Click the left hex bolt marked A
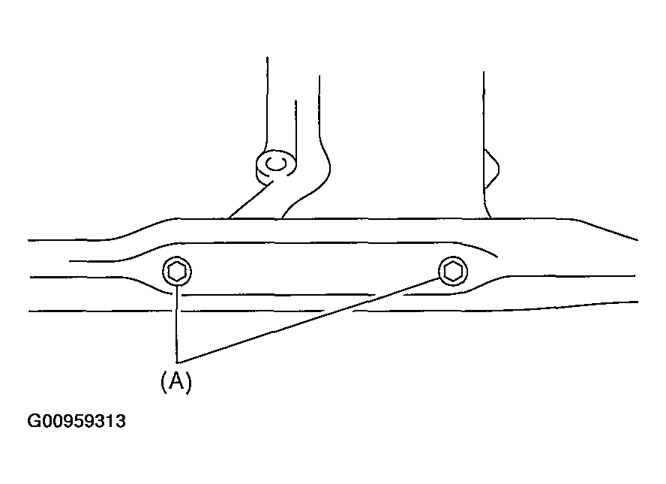(x=177, y=272)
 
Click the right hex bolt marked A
(x=453, y=271)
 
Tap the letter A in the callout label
(x=176, y=381)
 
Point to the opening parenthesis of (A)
(x=163, y=382)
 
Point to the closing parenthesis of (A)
(x=189, y=382)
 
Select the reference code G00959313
(x=76, y=421)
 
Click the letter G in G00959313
(x=34, y=421)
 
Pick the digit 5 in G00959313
(x=76, y=421)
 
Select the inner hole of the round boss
(x=276, y=163)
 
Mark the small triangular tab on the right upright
(x=491, y=169)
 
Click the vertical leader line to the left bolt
(x=177, y=325)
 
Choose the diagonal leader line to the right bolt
(x=308, y=321)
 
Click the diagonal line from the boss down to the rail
(x=250, y=200)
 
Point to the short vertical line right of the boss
(x=295, y=133)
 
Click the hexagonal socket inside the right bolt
(x=453, y=271)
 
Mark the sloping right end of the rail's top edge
(x=607, y=230)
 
